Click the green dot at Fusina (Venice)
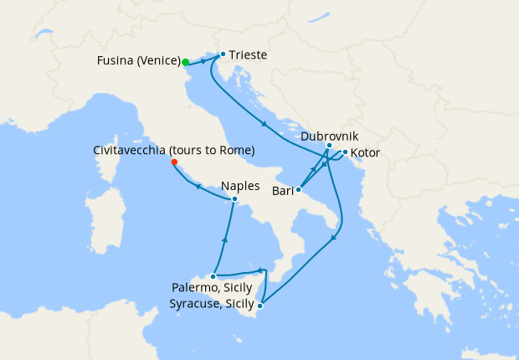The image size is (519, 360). point(186,61)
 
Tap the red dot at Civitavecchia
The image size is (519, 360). point(174,163)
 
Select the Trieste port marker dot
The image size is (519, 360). point(223,55)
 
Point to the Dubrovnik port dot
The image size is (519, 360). point(329,146)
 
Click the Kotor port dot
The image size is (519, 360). point(345,152)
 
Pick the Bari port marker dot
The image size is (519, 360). point(299,190)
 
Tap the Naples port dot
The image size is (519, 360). point(235,199)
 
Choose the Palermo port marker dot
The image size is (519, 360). point(214,275)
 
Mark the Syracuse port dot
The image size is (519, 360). point(260,306)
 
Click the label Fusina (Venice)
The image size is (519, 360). point(138,61)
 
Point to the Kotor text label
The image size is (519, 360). point(367,153)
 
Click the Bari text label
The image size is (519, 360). point(281,191)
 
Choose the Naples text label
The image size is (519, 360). point(241,186)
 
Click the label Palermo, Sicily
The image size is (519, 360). point(212,288)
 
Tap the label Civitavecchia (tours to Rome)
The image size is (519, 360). point(174,151)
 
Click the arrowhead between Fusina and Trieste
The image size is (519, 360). point(204,61)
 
